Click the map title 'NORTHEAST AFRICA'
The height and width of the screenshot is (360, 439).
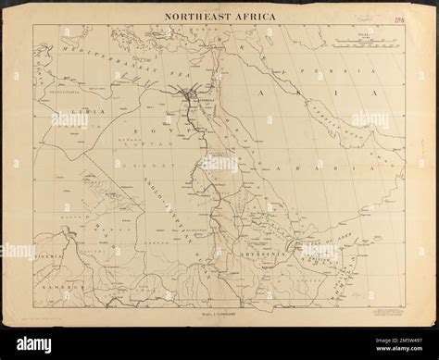tap(219, 16)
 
